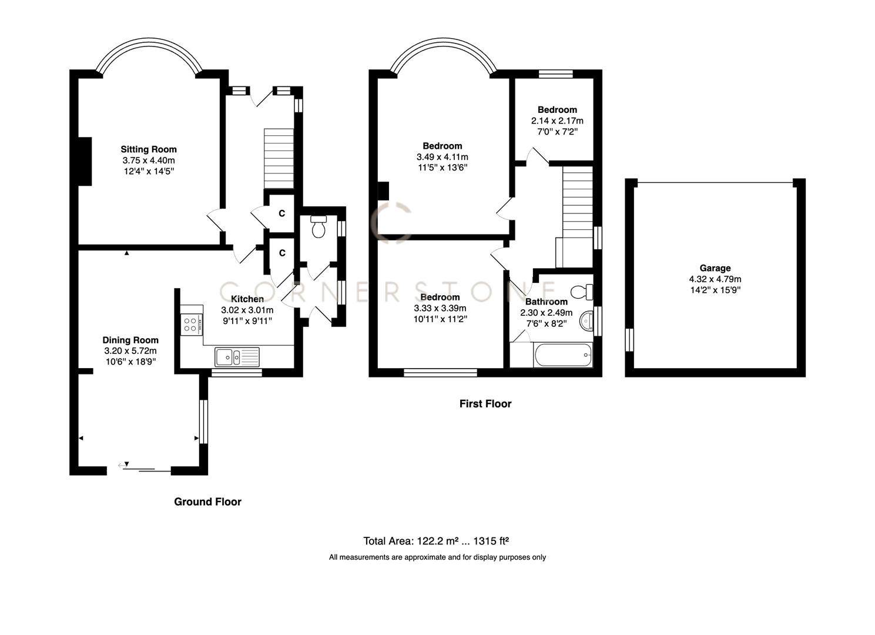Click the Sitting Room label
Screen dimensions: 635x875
click(149, 149)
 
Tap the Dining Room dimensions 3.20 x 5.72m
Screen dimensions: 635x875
click(130, 351)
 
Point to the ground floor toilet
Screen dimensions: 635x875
click(319, 226)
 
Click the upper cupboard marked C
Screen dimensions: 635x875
click(282, 213)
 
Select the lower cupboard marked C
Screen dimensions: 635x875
click(282, 253)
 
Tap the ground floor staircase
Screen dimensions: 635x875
click(278, 158)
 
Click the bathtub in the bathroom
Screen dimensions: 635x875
click(562, 355)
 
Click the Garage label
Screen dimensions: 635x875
click(715, 268)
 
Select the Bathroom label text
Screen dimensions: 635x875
click(546, 302)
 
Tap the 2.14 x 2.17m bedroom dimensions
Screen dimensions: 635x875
click(557, 121)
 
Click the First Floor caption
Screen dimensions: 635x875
click(485, 404)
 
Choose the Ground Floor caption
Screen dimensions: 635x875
click(207, 502)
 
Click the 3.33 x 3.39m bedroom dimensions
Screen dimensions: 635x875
click(440, 308)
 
